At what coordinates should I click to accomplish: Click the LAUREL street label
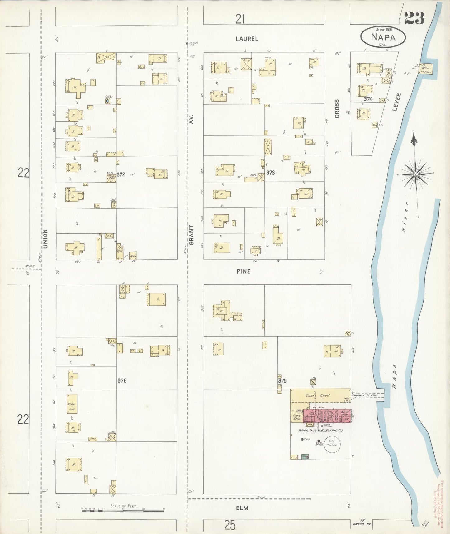click(x=247, y=39)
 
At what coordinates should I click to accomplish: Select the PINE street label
click(x=243, y=271)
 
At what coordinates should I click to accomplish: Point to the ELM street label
click(x=242, y=508)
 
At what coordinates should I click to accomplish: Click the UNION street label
click(x=45, y=239)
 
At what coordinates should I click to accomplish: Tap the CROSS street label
click(x=337, y=109)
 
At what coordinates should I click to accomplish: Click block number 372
click(x=121, y=174)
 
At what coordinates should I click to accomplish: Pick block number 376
click(x=122, y=380)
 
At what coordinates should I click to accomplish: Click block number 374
click(x=368, y=99)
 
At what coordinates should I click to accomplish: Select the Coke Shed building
click(x=297, y=417)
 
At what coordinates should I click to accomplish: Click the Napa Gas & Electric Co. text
click(x=320, y=431)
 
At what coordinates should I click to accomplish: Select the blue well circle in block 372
click(x=107, y=101)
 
